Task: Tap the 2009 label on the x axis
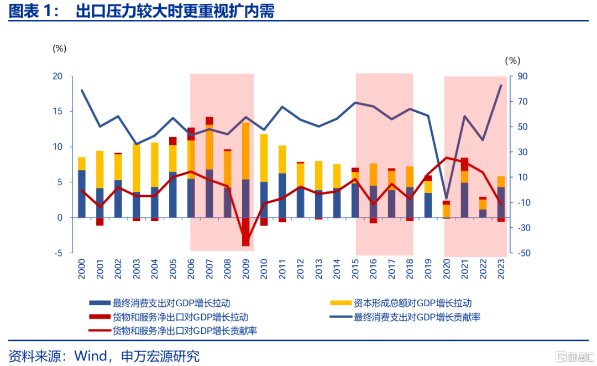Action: pos(245,269)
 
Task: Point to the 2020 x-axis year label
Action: pos(446,269)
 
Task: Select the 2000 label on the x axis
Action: pos(81,269)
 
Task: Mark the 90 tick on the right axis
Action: pos(523,76)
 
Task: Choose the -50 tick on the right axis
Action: pos(524,253)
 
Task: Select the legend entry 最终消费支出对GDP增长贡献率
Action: pos(417,317)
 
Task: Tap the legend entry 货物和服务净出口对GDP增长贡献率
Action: pos(185,331)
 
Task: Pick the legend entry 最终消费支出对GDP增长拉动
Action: pos(171,303)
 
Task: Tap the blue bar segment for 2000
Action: pos(82,194)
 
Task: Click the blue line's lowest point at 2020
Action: pos(446,198)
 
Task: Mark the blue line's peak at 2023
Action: pos(501,86)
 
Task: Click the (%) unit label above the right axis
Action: pos(512,60)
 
